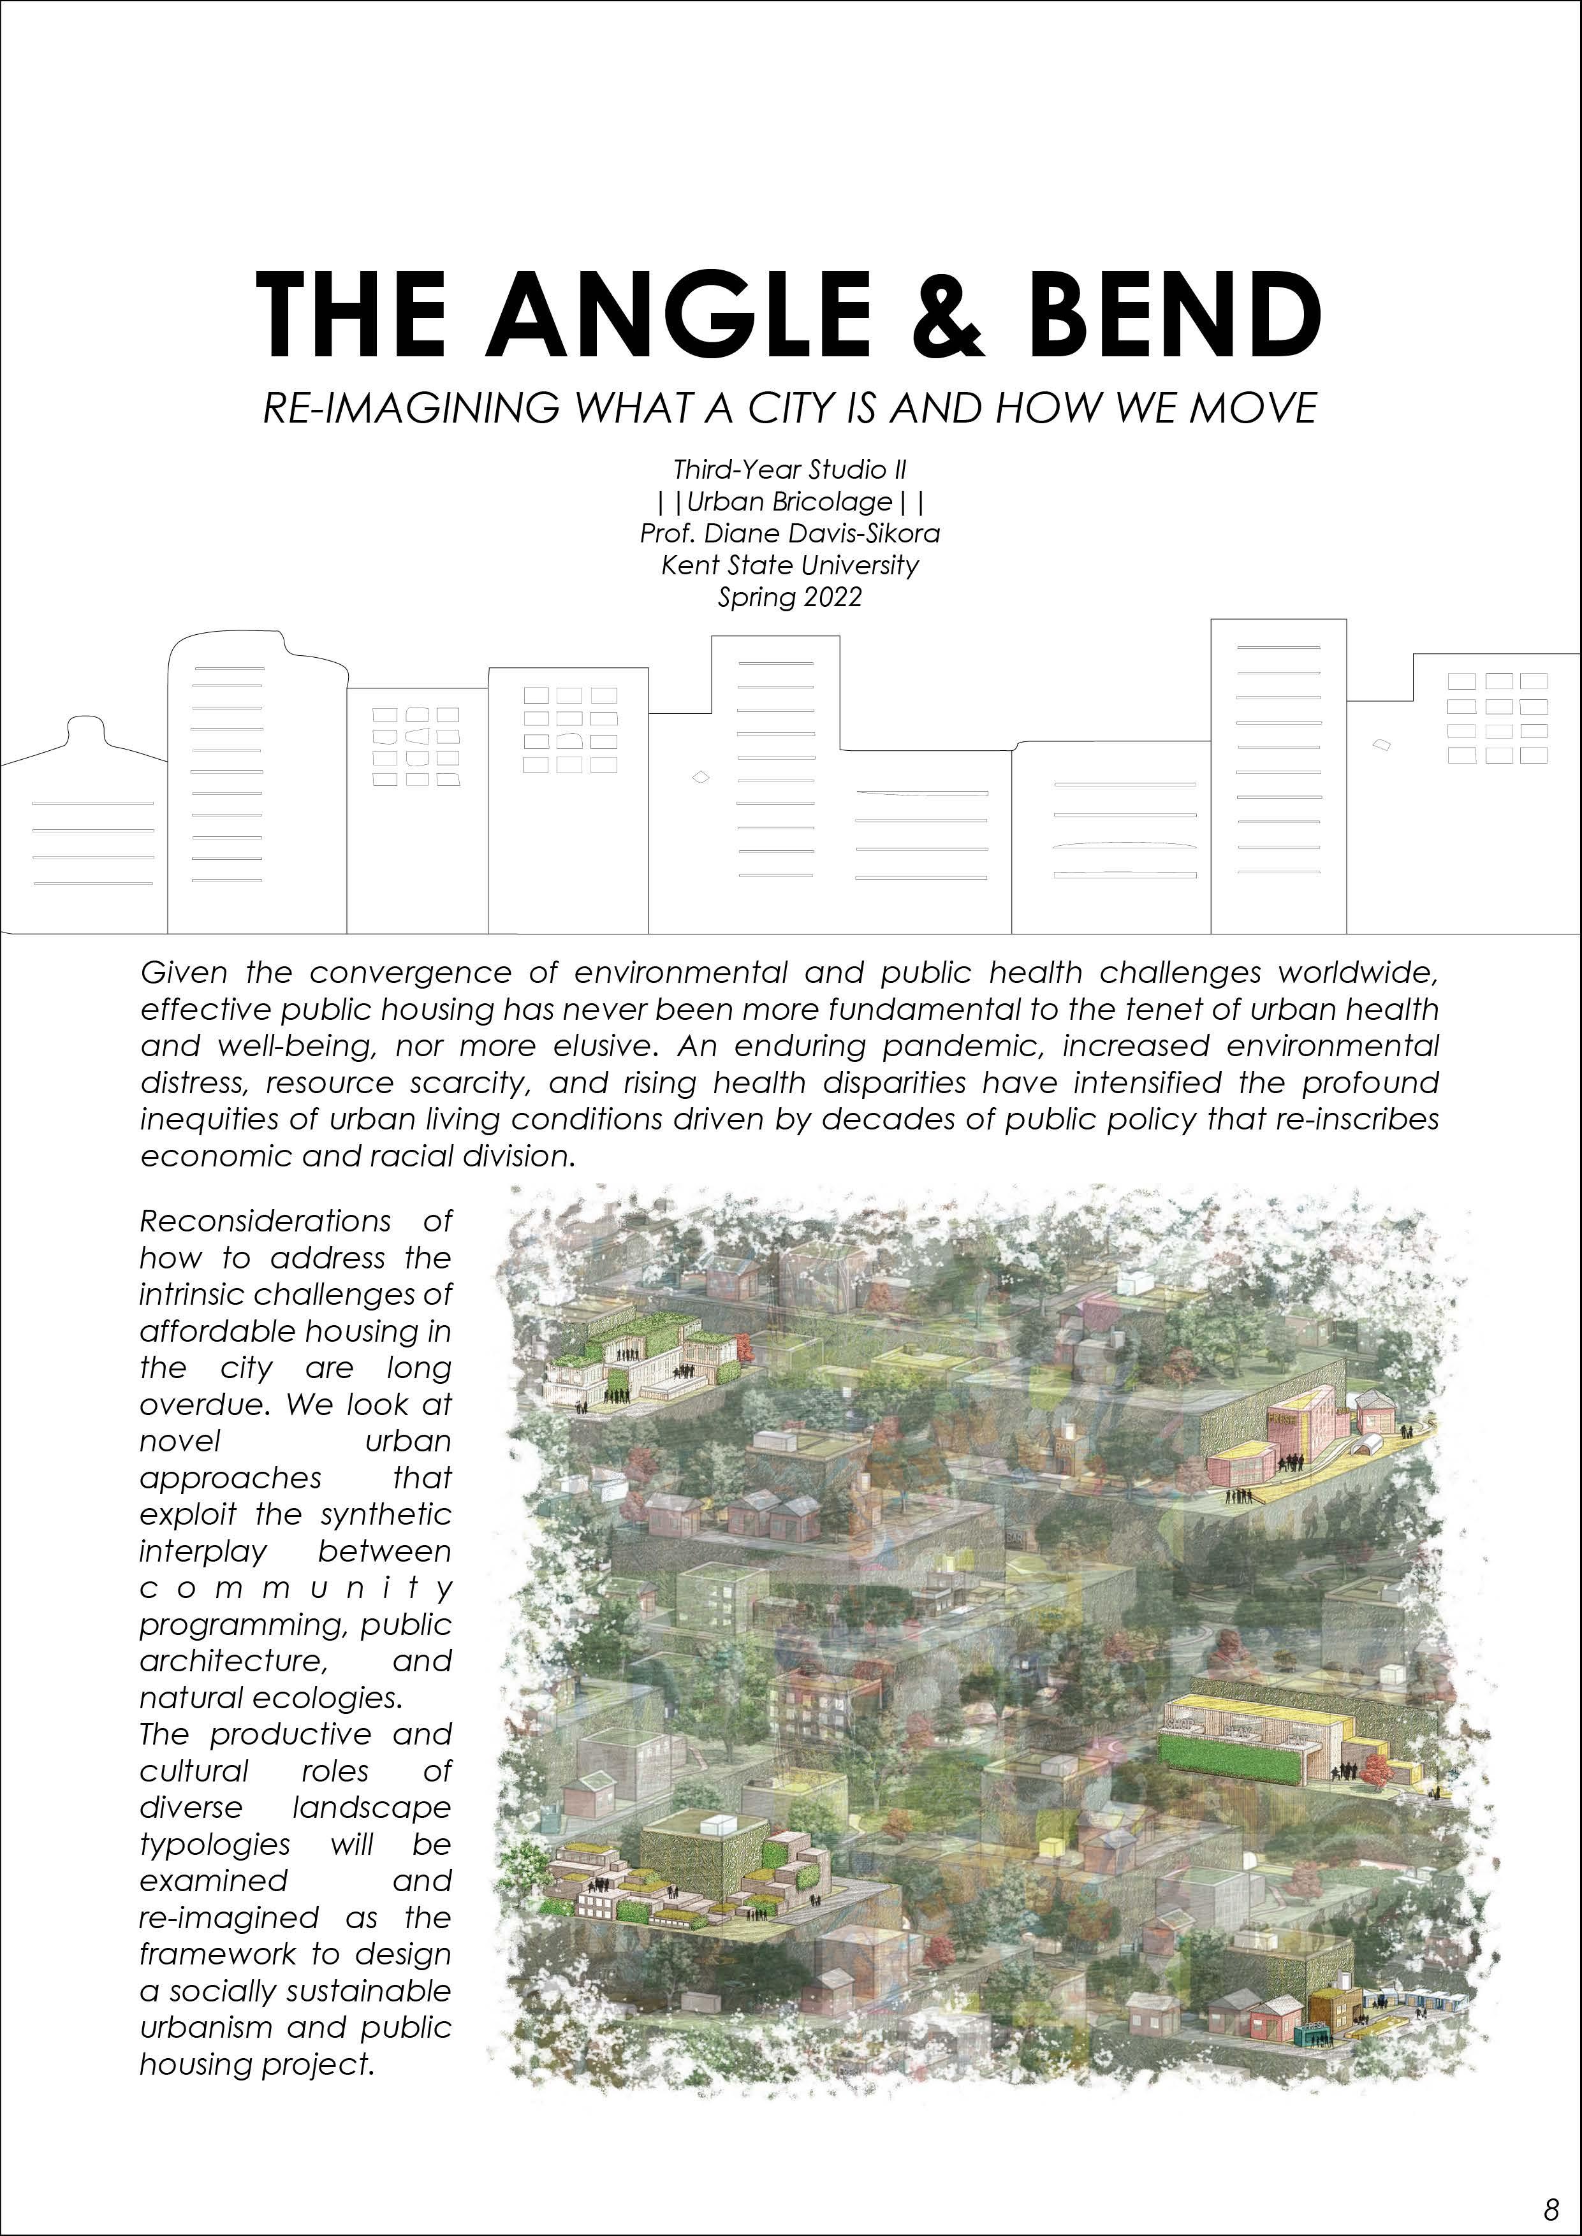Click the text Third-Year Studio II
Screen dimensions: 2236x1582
pyautogui.click(x=790, y=470)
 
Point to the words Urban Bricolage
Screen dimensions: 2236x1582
pyautogui.click(x=790, y=502)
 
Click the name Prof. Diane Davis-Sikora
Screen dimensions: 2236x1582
pyautogui.click(x=790, y=534)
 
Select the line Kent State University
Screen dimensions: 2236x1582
pyautogui.click(x=790, y=565)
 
